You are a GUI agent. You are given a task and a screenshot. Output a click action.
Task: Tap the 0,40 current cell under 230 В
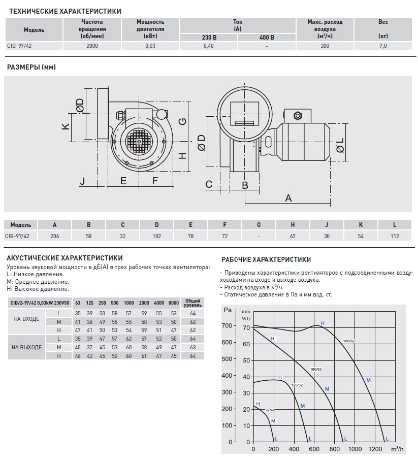pyautogui.click(x=208, y=46)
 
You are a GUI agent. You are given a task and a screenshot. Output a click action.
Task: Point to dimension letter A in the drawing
pyautogui.click(x=288, y=197)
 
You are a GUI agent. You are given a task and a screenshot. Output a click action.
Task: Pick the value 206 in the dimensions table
pyautogui.click(x=55, y=236)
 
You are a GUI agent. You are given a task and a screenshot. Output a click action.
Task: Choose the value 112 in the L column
pyautogui.click(x=395, y=236)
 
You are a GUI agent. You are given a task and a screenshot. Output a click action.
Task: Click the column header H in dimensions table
pyautogui.click(x=293, y=225)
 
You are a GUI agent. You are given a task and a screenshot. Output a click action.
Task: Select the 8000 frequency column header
pyautogui.click(x=174, y=303)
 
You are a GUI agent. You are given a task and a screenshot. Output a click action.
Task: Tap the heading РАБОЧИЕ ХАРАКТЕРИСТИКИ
pyautogui.click(x=266, y=259)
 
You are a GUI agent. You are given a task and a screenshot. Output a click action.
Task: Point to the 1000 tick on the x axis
pyautogui.click(x=356, y=449)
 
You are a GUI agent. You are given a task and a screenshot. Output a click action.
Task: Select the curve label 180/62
pyautogui.click(x=348, y=341)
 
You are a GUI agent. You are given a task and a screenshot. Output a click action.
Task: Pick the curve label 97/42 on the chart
pyautogui.click(x=270, y=409)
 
